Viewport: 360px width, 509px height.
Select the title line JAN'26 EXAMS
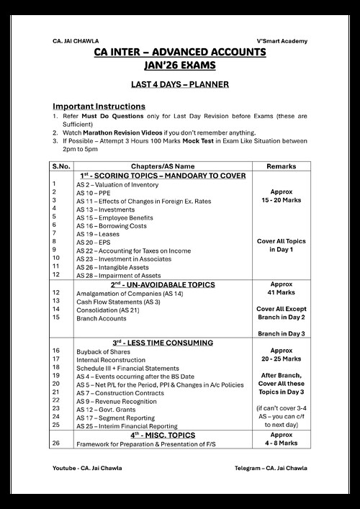tap(179, 65)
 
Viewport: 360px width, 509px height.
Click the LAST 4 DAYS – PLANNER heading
tap(179, 85)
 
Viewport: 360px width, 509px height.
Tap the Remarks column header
tap(281, 166)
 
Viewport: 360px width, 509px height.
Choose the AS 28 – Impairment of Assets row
tap(118, 275)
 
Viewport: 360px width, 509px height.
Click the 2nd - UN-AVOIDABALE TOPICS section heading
tap(163, 284)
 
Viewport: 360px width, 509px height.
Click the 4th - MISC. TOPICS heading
tap(163, 435)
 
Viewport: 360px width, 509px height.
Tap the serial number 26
tap(56, 443)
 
